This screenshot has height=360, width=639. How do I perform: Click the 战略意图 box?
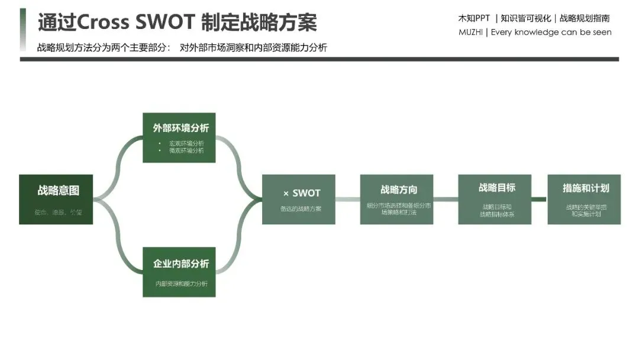click(x=56, y=199)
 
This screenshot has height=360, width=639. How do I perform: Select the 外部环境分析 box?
click(x=179, y=137)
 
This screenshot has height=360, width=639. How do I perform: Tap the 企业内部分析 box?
click(x=179, y=272)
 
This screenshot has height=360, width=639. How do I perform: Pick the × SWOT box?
click(x=298, y=199)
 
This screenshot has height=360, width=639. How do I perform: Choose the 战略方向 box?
click(x=396, y=199)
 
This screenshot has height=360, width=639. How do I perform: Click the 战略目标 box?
click(x=495, y=199)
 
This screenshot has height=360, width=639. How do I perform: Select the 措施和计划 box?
click(x=584, y=199)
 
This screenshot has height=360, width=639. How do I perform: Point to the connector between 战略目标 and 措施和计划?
click(x=538, y=199)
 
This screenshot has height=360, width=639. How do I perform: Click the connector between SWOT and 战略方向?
click(x=347, y=199)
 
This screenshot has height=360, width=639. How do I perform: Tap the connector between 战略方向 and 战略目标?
click(x=446, y=199)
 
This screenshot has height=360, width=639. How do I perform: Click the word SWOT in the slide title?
click(x=165, y=22)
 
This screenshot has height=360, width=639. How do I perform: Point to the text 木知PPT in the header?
click(x=474, y=18)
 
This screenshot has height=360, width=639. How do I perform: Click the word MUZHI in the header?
click(x=471, y=32)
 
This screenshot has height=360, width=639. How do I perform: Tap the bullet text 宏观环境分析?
click(x=186, y=143)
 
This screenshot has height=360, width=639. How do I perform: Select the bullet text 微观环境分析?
click(x=186, y=150)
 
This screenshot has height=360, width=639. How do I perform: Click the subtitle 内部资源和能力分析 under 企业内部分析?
click(x=182, y=284)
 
